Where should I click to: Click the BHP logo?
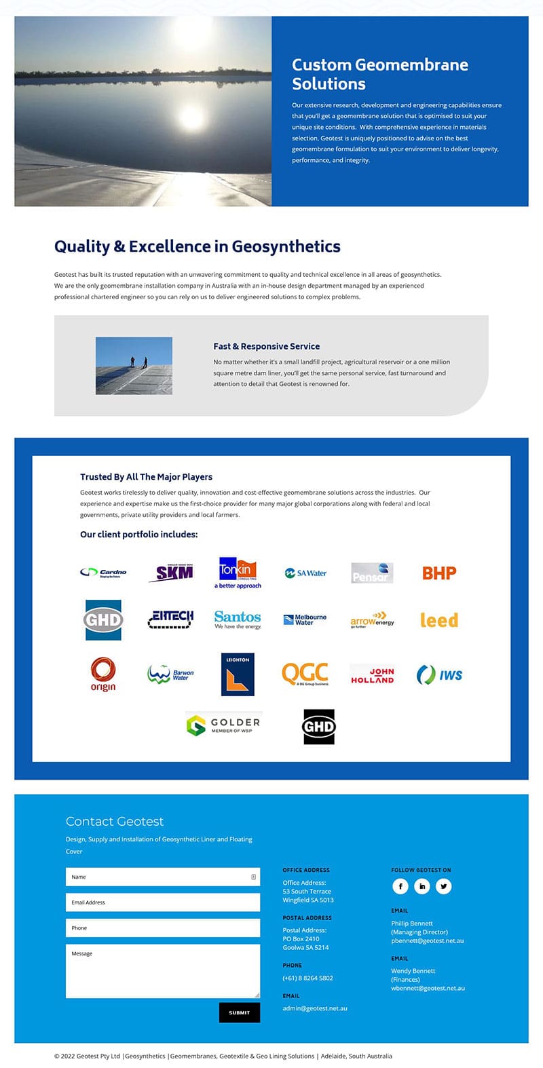click(x=439, y=573)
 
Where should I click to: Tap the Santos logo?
click(x=238, y=619)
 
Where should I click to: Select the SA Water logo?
click(x=305, y=573)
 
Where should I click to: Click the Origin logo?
click(x=103, y=674)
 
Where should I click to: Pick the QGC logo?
click(x=305, y=674)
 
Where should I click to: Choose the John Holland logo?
click(x=372, y=674)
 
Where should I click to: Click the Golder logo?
click(x=223, y=725)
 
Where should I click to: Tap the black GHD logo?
click(x=318, y=727)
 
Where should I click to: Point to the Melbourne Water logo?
click(x=305, y=619)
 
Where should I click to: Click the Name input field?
click(x=162, y=877)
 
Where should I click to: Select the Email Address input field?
click(x=162, y=902)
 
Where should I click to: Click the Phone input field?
click(x=162, y=928)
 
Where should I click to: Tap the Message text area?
click(x=162, y=971)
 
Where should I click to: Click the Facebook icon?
click(x=400, y=886)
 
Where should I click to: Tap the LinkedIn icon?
click(x=422, y=886)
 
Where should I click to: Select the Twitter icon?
click(x=444, y=886)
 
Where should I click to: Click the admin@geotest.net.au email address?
click(x=315, y=1008)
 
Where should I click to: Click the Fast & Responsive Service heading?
click(x=267, y=346)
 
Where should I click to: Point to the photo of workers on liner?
click(x=134, y=366)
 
